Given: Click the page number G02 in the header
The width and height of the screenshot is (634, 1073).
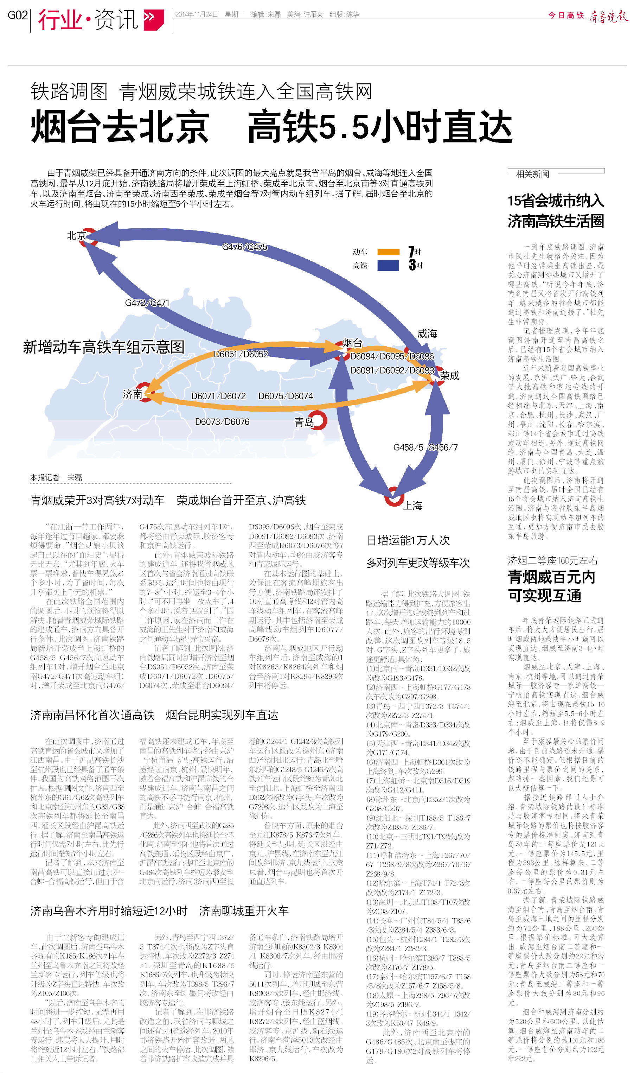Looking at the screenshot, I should [x=18, y=15].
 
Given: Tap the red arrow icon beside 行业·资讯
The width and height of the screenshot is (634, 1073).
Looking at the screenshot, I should [x=153, y=18].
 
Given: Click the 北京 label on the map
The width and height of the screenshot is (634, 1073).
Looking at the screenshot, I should [x=76, y=235].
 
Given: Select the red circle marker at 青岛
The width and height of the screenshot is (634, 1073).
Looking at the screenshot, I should [x=318, y=420].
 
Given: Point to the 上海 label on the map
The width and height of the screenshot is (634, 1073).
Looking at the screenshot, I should [x=413, y=506].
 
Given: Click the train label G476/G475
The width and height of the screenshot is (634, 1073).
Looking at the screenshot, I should [x=245, y=247].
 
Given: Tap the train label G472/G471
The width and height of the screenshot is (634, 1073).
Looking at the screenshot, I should [x=147, y=303].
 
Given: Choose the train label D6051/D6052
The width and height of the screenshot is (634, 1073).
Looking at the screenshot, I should [x=241, y=354].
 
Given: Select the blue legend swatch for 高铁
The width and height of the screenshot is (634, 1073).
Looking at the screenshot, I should [x=388, y=265].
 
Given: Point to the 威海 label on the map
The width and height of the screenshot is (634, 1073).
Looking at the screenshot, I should [x=427, y=334].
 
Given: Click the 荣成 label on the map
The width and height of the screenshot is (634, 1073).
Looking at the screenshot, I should [x=450, y=376].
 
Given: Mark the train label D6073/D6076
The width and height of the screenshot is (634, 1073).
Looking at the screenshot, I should [x=222, y=422].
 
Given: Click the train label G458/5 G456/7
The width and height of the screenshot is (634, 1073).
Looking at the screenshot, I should [x=425, y=447].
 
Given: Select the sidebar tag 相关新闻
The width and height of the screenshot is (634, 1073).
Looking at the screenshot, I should [x=532, y=174].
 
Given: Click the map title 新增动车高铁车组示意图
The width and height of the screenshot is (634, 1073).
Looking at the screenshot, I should [x=104, y=347].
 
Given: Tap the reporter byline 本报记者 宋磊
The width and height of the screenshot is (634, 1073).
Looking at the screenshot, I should [x=56, y=477].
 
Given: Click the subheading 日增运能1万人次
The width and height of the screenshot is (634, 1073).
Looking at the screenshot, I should [x=409, y=541].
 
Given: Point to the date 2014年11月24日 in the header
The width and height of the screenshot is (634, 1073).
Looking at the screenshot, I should [x=197, y=14].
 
